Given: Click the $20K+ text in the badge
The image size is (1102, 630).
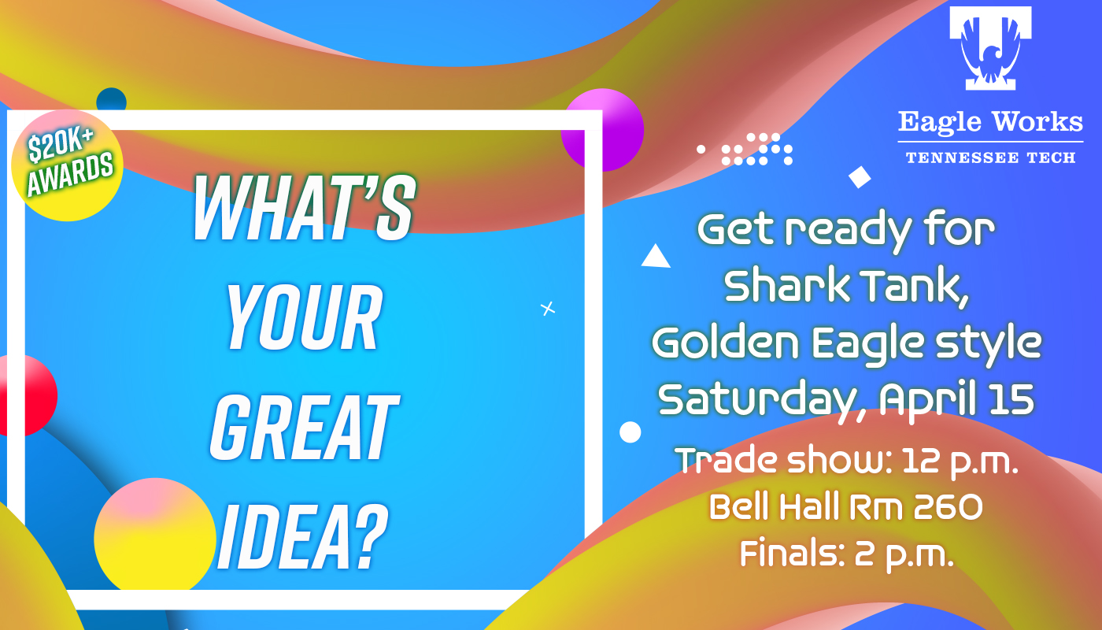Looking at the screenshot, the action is coord(60,145).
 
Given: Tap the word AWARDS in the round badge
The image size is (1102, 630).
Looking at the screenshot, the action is coord(70,173).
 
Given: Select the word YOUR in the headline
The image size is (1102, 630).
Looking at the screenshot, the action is coord(304,317).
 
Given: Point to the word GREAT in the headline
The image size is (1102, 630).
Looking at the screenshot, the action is coord(304,427).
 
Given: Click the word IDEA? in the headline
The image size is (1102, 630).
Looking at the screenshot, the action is coord(303,537).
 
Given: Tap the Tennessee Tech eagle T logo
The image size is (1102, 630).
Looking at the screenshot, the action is coord(990,48).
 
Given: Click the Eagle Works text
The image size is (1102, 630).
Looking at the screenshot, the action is coord(990,122).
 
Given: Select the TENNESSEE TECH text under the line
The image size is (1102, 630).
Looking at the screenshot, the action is coord(990,157).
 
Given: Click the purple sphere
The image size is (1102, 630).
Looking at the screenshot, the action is coord(603,130).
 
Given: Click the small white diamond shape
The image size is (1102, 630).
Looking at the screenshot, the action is coord(860,177).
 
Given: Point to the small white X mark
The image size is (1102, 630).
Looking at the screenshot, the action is coord(548,309).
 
